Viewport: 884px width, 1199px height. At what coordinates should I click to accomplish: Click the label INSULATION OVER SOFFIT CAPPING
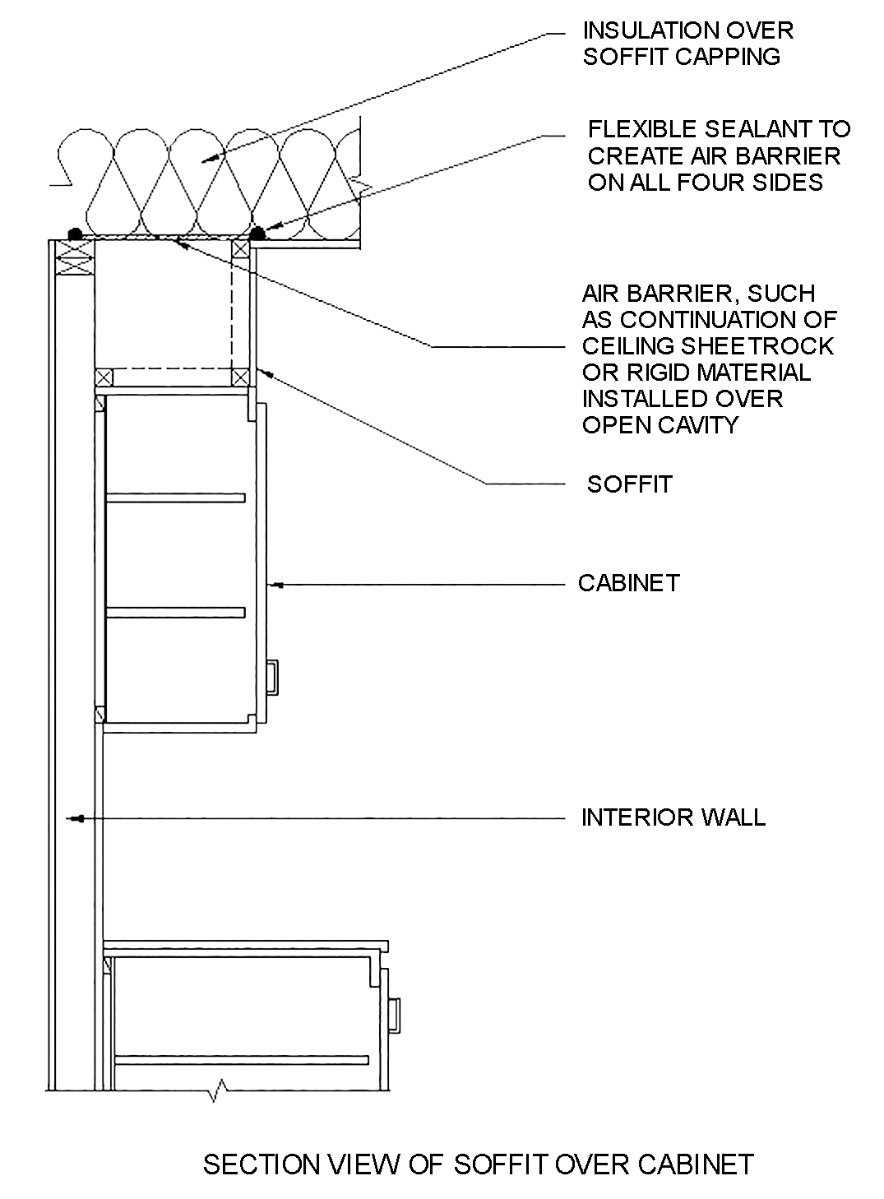[687, 44]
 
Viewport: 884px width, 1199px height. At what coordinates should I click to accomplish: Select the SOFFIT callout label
[629, 484]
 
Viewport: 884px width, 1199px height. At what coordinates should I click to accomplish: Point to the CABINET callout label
[629, 583]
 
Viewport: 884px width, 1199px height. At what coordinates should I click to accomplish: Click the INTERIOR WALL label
[673, 817]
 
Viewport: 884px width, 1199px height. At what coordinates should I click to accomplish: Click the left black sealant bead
[74, 234]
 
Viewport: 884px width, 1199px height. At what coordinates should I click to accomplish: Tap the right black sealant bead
[257, 234]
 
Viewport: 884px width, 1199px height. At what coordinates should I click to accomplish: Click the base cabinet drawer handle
[394, 1013]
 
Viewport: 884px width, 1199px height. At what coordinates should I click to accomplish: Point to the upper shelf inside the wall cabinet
[176, 497]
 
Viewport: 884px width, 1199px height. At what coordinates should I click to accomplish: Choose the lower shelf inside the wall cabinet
[176, 612]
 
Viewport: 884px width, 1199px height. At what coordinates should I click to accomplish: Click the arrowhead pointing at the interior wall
[77, 818]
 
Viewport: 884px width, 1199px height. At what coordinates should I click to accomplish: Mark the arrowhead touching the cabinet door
[277, 585]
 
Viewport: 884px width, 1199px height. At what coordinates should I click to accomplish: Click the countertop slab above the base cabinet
[246, 947]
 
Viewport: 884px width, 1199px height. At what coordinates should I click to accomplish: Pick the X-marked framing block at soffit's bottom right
[240, 377]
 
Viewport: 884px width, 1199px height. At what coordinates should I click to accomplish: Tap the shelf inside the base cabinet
[240, 1059]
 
